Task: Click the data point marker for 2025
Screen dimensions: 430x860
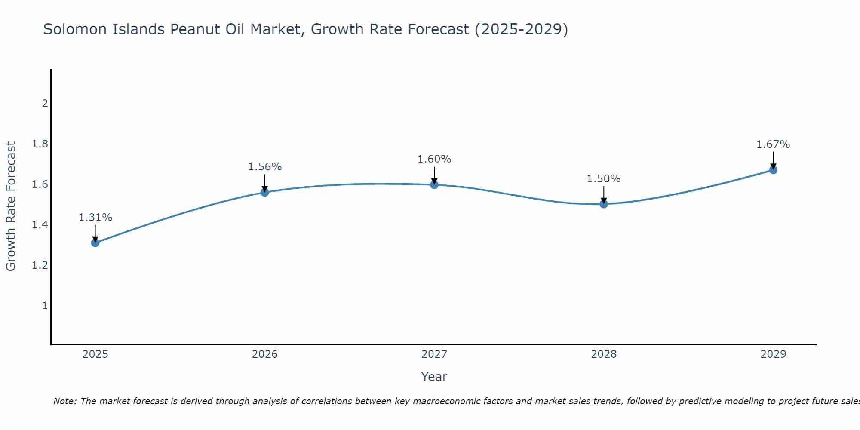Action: pos(95,243)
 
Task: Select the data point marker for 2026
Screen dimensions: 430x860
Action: pos(265,192)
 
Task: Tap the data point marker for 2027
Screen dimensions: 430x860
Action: pos(434,184)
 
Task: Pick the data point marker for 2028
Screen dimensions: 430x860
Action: pos(604,204)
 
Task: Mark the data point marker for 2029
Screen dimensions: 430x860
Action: pos(773,170)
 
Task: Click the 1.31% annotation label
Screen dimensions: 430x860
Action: pos(95,218)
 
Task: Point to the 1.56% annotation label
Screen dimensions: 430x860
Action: pos(265,167)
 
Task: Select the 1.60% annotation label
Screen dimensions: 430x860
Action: pos(434,159)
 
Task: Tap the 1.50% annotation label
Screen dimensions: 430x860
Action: pos(604,179)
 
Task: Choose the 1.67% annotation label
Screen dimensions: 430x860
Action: pos(773,144)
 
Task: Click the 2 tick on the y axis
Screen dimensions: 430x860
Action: pos(44,104)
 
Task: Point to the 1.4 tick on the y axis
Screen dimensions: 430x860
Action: pos(40,225)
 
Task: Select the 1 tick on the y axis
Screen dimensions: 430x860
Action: pos(44,306)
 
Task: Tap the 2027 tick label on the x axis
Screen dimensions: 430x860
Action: pos(434,354)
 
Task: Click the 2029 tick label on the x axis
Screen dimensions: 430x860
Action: pos(773,354)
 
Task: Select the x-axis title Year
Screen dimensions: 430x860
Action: pos(434,377)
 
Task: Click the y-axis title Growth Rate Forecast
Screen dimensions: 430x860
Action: pos(11,206)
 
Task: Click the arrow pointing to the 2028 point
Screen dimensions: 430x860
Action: pos(604,194)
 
